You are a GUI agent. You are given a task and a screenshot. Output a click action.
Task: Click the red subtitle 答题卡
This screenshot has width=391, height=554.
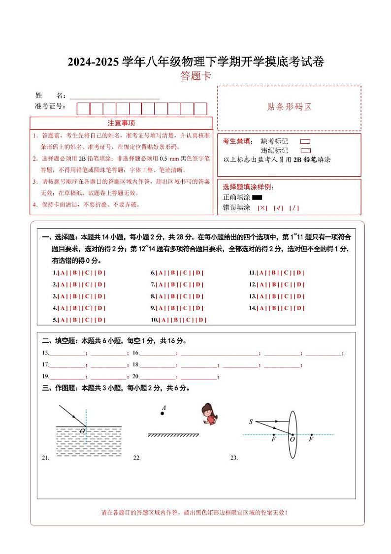[x=195, y=76]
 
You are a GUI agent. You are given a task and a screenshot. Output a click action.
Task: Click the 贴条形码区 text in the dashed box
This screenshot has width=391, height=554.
[x=289, y=107]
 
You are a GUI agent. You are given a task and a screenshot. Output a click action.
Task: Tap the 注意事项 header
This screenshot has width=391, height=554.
[x=121, y=123]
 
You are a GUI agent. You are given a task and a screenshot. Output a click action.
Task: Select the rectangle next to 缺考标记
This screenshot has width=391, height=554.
[x=305, y=141]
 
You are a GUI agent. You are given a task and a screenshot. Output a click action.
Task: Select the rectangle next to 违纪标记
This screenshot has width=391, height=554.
[x=305, y=150]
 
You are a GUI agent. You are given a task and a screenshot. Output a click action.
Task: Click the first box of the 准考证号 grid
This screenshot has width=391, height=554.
[x=83, y=108]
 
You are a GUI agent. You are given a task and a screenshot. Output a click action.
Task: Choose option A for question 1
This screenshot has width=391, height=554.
[x=63, y=272]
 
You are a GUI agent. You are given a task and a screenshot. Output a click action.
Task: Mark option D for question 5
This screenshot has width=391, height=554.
[x=100, y=320]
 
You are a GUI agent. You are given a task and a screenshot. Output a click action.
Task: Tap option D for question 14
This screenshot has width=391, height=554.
[x=299, y=308]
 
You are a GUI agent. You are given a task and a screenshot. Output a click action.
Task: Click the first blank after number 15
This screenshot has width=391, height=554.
[x=67, y=353]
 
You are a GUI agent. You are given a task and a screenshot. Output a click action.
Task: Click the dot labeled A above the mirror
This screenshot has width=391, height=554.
[x=162, y=414]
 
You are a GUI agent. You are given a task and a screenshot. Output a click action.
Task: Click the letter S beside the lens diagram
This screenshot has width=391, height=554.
[x=251, y=422]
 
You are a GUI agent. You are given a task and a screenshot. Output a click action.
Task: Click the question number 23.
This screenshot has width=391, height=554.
[x=234, y=458]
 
